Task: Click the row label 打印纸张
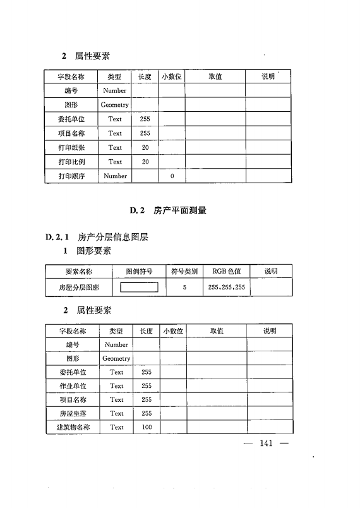[x=71, y=147]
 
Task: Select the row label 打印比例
[x=71, y=162]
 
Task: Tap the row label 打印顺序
[x=71, y=176]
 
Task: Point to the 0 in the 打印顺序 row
[x=172, y=176]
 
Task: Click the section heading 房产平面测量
[x=179, y=210]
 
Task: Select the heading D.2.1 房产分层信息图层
[x=97, y=238]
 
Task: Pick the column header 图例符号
[x=139, y=272]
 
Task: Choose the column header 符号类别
[x=184, y=272]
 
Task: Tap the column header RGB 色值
[x=226, y=272]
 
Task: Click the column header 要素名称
[x=79, y=272]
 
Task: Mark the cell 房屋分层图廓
[x=79, y=287]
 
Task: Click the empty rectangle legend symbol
[x=139, y=287]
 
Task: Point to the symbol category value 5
[x=184, y=287]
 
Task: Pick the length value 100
[x=147, y=427]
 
